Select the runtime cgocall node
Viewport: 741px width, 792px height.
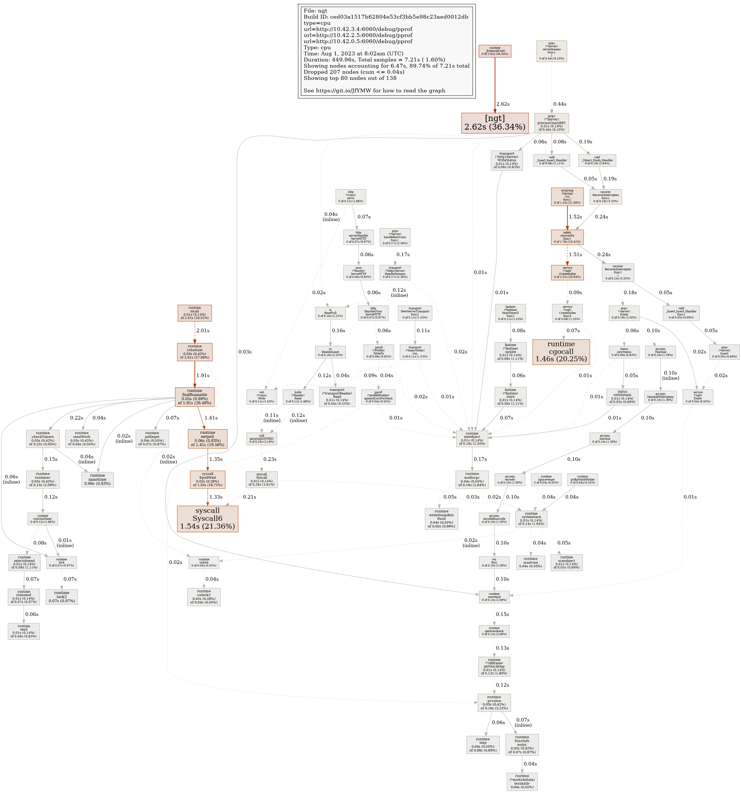click(561, 351)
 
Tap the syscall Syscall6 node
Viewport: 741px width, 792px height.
click(208, 518)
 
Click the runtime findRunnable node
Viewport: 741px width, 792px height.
click(195, 397)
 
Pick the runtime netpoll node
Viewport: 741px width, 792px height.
click(208, 439)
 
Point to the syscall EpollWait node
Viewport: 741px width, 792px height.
click(208, 480)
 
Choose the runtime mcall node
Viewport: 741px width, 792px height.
click(195, 313)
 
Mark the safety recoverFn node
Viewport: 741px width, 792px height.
click(567, 238)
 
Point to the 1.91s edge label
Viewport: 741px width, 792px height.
click(203, 375)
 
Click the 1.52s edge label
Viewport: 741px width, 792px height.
click(575, 217)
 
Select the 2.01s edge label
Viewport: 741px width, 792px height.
click(203, 330)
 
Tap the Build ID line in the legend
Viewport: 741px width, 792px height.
click(386, 17)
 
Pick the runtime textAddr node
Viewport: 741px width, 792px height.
click(522, 781)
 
